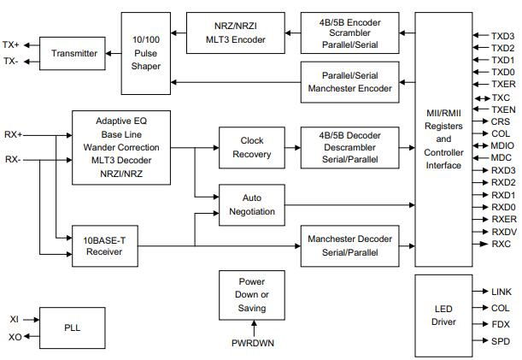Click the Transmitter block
click(74, 53)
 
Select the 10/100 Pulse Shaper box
click(146, 53)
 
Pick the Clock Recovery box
click(252, 147)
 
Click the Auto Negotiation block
click(252, 204)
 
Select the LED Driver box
click(443, 315)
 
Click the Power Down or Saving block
click(252, 295)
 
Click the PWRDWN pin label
click(252, 344)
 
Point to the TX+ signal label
click(11, 45)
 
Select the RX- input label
click(13, 159)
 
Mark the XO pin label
click(15, 337)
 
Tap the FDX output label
click(501, 323)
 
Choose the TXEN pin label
click(503, 109)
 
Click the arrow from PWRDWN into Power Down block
click(252, 328)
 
